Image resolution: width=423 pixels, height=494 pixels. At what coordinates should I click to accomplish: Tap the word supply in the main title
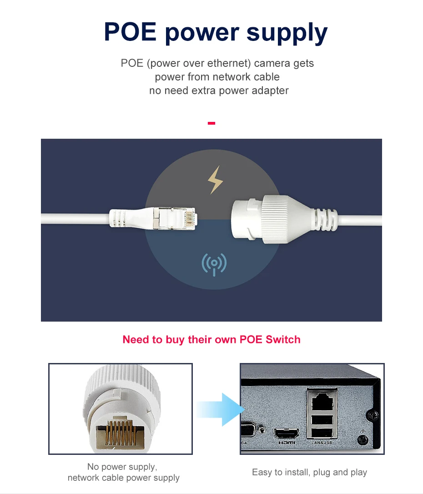click(287, 33)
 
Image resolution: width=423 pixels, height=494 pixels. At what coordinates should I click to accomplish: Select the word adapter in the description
click(270, 91)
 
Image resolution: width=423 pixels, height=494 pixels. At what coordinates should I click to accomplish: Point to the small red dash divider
click(211, 123)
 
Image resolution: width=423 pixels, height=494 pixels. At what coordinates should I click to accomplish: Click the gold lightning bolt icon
click(216, 180)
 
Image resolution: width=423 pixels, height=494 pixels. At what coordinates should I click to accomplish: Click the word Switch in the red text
click(283, 340)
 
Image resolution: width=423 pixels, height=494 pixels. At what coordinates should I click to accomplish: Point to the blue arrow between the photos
click(221, 409)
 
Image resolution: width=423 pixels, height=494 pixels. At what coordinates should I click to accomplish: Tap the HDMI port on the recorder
click(287, 434)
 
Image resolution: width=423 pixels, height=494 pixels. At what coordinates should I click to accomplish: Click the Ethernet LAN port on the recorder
click(322, 401)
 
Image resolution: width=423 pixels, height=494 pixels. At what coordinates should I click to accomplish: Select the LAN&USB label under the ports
click(322, 443)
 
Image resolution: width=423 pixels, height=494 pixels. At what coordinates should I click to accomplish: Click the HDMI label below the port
click(287, 443)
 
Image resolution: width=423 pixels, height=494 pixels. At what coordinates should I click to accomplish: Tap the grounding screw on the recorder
click(363, 439)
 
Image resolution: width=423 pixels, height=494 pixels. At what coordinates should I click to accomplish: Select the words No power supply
click(122, 467)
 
